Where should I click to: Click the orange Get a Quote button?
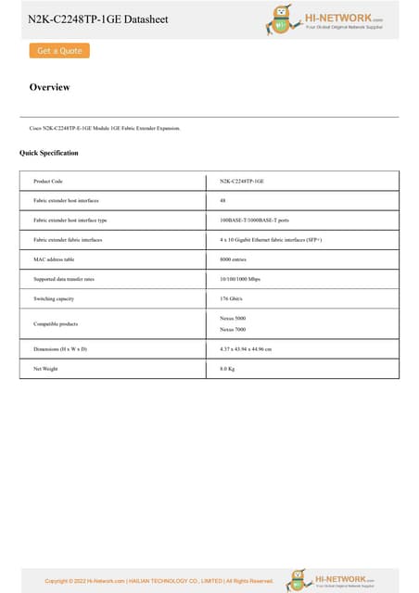pyautogui.click(x=59, y=51)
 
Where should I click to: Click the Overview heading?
pyautogui.click(x=49, y=88)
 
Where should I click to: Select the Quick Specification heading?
pyautogui.click(x=49, y=153)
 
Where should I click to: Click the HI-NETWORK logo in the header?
pyautogui.click(x=324, y=19)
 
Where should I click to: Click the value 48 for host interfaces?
pyautogui.click(x=222, y=200)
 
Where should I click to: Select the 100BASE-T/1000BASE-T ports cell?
pyautogui.click(x=255, y=221)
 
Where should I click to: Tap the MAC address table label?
pyautogui.click(x=53, y=259)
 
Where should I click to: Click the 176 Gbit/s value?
pyautogui.click(x=232, y=299)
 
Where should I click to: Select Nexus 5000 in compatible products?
pyautogui.click(x=233, y=318)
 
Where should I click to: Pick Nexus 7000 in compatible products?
pyautogui.click(x=233, y=330)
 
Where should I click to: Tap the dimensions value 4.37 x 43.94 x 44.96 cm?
pyautogui.click(x=252, y=349)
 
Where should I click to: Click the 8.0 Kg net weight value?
pyautogui.click(x=227, y=369)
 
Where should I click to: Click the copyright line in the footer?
pyautogui.click(x=159, y=581)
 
